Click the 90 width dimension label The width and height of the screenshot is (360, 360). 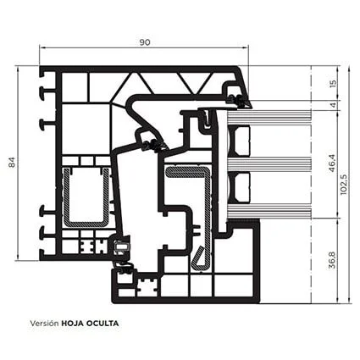click(x=145, y=42)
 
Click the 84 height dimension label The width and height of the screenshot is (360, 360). click(x=12, y=162)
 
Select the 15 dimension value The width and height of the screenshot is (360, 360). click(x=333, y=83)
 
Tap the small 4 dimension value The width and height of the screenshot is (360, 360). click(x=334, y=105)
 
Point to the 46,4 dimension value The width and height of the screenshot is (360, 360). click(x=332, y=163)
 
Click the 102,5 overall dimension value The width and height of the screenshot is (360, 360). click(x=343, y=185)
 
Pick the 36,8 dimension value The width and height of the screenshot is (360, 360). click(x=332, y=260)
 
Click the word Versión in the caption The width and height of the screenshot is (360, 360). click(x=44, y=323)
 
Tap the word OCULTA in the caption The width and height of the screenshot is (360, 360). click(x=102, y=324)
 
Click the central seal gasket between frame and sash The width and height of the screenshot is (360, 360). click(x=154, y=146)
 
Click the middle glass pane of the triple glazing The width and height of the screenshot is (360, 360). click(x=269, y=163)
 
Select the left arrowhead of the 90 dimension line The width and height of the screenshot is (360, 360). click(x=42, y=48)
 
